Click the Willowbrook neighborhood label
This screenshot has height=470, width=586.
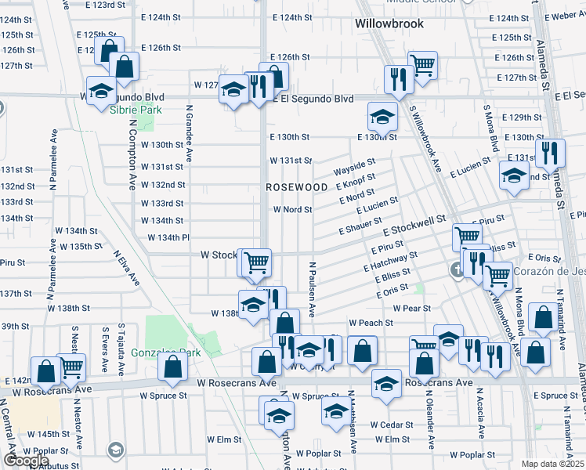(389, 23)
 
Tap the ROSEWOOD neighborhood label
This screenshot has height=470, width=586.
(296, 188)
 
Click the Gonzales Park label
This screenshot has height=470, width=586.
(166, 352)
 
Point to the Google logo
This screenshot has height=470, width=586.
(26, 461)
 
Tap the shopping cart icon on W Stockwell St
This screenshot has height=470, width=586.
(256, 262)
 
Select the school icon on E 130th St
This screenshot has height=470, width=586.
(382, 118)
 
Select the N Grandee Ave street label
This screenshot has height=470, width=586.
(189, 137)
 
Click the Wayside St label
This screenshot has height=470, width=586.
(355, 167)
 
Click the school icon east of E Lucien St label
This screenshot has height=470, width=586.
(514, 178)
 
